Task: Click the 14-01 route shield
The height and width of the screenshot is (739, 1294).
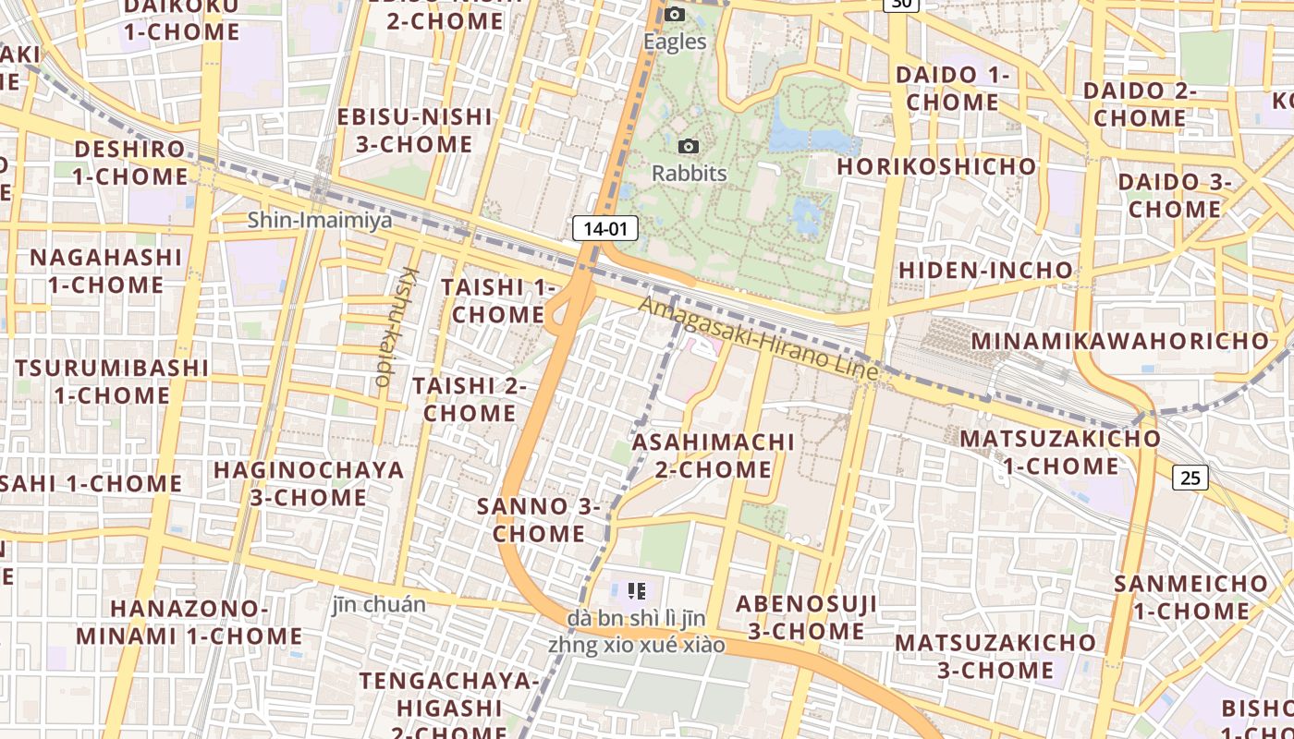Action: pyautogui.click(x=605, y=228)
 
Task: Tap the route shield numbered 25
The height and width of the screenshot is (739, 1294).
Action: pyautogui.click(x=1190, y=478)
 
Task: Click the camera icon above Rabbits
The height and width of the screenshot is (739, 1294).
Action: pyautogui.click(x=689, y=146)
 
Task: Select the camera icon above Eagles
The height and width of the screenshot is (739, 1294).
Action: pyautogui.click(x=676, y=14)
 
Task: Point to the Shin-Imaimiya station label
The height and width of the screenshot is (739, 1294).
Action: pyautogui.click(x=320, y=221)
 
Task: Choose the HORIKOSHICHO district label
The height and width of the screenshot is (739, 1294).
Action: pyautogui.click(x=936, y=166)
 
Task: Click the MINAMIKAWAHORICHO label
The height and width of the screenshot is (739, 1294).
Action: pyautogui.click(x=1120, y=341)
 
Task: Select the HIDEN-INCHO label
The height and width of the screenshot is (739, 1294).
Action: pyautogui.click(x=985, y=271)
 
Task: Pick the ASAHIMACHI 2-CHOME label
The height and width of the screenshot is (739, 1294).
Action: pyautogui.click(x=714, y=455)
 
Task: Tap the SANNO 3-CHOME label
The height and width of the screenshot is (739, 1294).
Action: pyautogui.click(x=539, y=520)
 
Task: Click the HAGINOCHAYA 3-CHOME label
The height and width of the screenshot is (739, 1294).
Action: pyautogui.click(x=309, y=483)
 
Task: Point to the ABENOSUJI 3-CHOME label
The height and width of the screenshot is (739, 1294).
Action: pyautogui.click(x=806, y=618)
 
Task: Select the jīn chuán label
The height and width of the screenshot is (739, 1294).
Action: pyautogui.click(x=379, y=605)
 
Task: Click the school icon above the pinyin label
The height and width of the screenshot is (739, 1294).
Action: pyautogui.click(x=636, y=590)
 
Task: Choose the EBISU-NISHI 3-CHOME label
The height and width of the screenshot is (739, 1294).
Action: pyautogui.click(x=414, y=130)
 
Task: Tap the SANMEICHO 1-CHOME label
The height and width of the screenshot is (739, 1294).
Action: pyautogui.click(x=1190, y=597)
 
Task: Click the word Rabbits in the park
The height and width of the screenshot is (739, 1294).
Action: pyautogui.click(x=690, y=174)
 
